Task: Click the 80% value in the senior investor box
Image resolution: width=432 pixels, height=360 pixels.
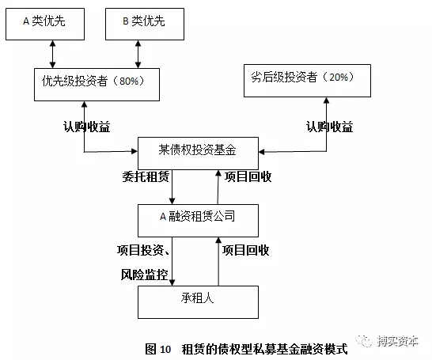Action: click(129, 81)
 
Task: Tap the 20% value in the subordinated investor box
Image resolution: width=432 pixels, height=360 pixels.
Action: click(339, 77)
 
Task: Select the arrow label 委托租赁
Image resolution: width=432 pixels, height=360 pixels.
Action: click(146, 176)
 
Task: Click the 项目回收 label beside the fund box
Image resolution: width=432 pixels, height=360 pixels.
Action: click(248, 176)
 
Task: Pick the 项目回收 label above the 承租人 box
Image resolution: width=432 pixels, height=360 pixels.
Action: click(246, 250)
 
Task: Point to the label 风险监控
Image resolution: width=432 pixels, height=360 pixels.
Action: click(144, 275)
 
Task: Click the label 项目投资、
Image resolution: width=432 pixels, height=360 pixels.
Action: click(143, 250)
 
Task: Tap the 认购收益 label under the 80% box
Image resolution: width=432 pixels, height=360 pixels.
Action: click(87, 127)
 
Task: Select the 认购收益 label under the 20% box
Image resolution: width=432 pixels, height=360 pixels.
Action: click(329, 127)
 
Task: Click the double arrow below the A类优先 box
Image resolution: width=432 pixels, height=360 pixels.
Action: click(53, 55)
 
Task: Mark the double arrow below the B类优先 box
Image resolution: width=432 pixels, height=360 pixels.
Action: click(138, 55)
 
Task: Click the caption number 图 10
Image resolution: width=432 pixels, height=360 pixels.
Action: click(158, 349)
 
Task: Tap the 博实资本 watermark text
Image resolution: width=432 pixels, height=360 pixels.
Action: click(398, 341)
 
